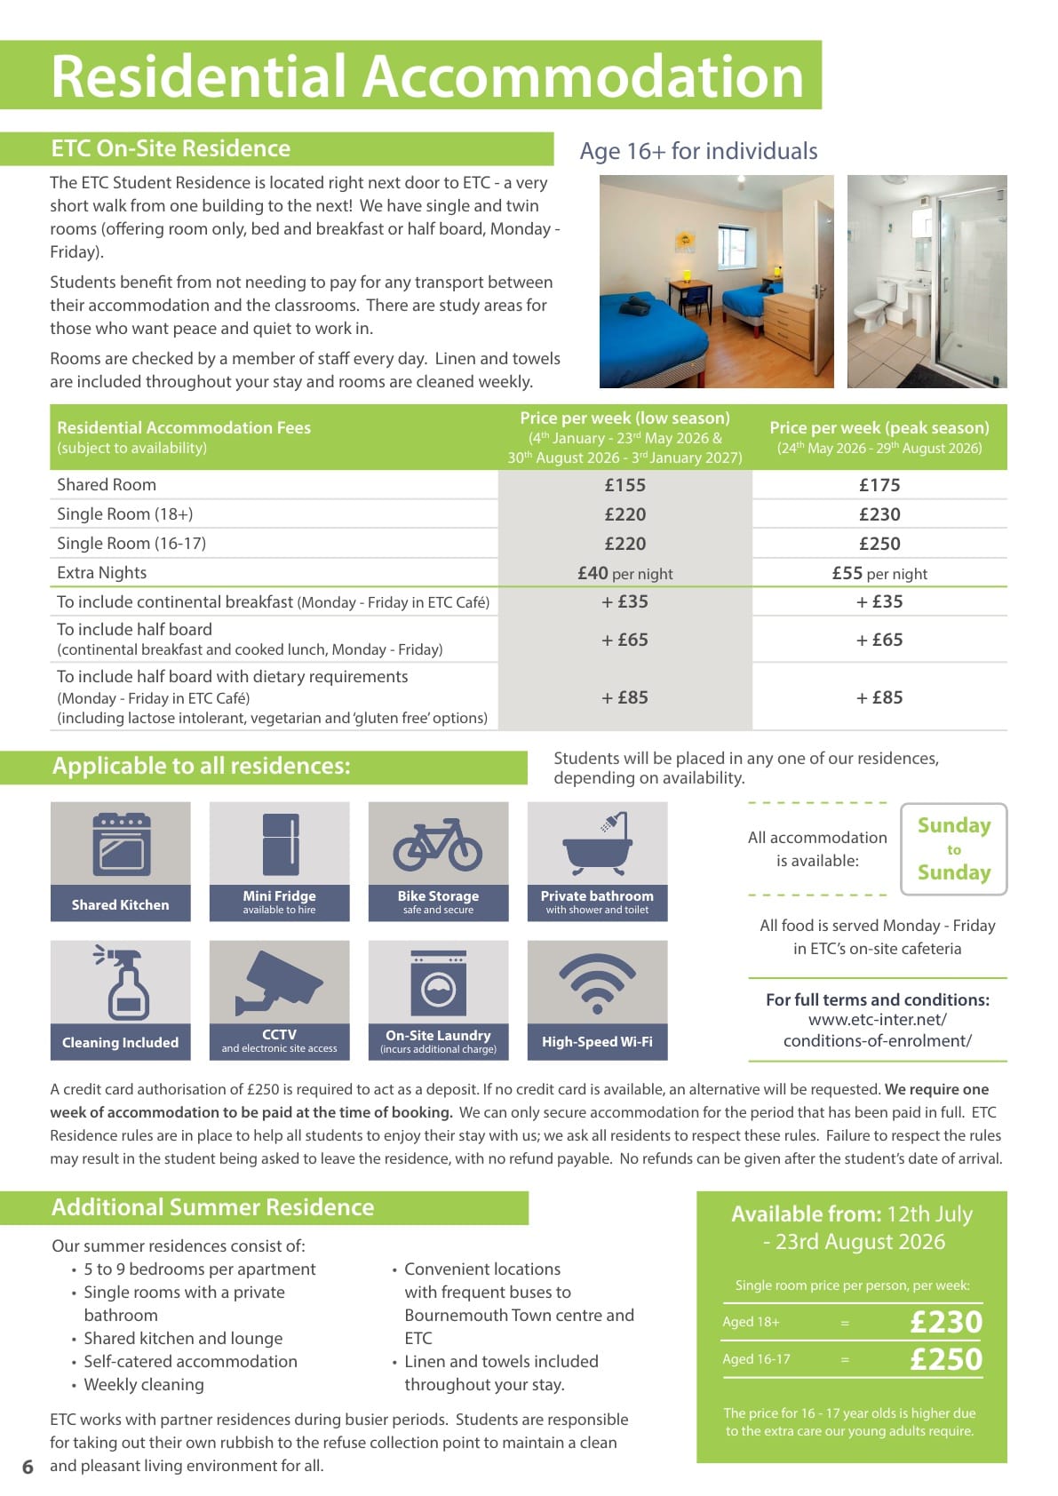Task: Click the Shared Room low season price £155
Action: point(624,485)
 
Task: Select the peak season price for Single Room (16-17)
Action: point(879,544)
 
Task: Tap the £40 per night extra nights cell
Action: point(624,573)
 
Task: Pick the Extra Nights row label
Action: point(101,573)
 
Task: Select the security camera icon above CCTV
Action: point(279,982)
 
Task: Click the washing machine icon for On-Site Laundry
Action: point(438,983)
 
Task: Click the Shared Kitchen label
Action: point(120,904)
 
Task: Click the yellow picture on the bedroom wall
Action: point(684,243)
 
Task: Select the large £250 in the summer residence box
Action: point(946,1359)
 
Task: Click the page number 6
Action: point(28,1467)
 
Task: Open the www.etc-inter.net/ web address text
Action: point(877,1020)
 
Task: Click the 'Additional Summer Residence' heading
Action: point(212,1207)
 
